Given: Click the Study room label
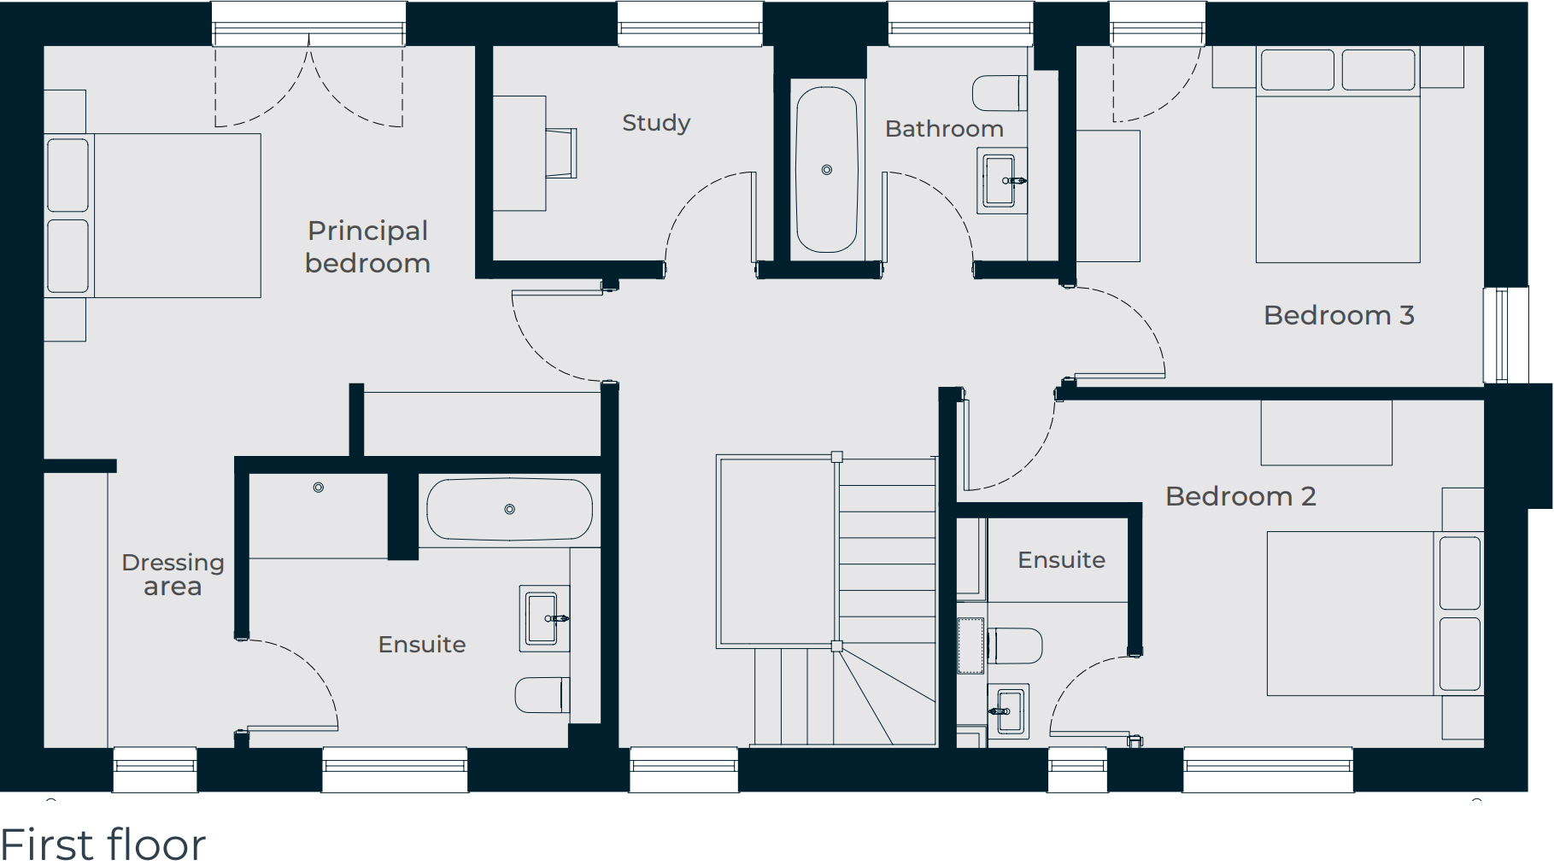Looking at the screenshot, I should (x=655, y=123).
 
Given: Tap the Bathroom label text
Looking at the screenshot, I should (x=944, y=129).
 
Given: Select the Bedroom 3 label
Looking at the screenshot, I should (x=1339, y=315).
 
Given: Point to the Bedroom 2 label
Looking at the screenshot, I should (x=1240, y=496).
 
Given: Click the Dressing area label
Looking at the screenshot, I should (x=173, y=574).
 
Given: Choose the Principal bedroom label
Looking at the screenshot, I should (x=367, y=247).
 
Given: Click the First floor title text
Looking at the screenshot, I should (x=103, y=844).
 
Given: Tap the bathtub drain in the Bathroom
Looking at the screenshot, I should (x=826, y=170).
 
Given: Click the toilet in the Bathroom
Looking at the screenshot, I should (x=999, y=93).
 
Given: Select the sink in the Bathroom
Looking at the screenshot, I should (x=1000, y=181).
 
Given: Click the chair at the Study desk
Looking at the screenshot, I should (x=561, y=153).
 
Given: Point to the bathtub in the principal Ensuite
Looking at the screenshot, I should (x=509, y=509).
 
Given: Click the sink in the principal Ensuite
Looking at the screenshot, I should (x=543, y=618).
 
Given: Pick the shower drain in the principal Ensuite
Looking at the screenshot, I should (x=318, y=488).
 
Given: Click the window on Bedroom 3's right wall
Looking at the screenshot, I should (x=1505, y=335).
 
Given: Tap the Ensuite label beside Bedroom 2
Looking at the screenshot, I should (x=1061, y=560).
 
